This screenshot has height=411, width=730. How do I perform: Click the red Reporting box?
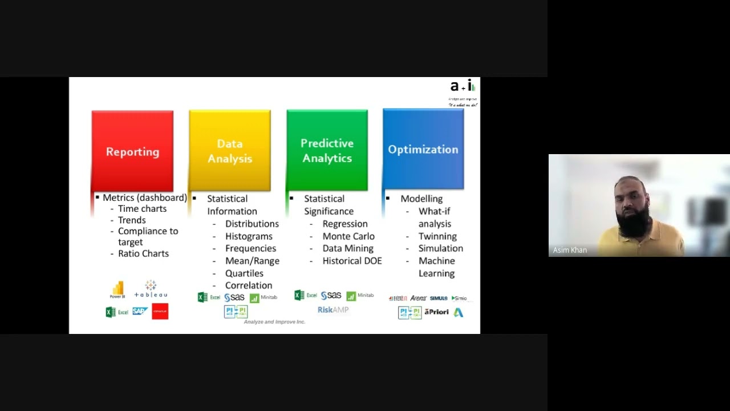pos(132,151)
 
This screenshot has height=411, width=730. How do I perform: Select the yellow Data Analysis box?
pos(230,151)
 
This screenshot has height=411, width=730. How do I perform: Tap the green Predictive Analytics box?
pos(327,150)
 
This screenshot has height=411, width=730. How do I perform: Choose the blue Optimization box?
pos(423,149)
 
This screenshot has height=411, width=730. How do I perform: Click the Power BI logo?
pos(118,289)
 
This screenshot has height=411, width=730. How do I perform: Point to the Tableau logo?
pos(151,289)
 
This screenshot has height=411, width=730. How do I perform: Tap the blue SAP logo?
pos(140,311)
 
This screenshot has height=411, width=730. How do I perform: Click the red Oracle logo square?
pos(160,311)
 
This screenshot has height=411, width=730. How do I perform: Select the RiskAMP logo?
pos(333,309)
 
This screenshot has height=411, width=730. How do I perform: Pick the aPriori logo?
pos(436,312)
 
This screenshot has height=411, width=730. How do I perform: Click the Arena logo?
pos(418,298)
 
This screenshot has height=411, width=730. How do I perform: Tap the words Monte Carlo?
pos(348,236)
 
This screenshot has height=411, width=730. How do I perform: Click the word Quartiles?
pos(244,273)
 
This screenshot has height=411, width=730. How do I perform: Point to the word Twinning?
pos(437,236)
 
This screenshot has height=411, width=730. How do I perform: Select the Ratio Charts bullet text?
pos(143,253)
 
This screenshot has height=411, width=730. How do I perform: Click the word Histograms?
pos(249,236)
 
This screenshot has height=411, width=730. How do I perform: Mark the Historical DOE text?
pos(352,261)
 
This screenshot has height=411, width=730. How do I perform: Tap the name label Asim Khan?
pos(570,250)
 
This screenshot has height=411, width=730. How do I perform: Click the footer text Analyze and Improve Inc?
pos(274,322)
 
